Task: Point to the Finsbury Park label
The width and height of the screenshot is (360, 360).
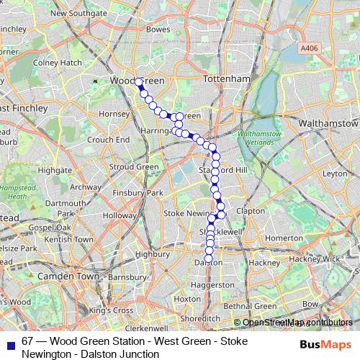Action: tap(143, 193)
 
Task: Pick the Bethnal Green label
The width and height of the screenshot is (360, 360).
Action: tap(248, 306)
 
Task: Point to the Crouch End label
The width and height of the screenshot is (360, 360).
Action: tap(108, 139)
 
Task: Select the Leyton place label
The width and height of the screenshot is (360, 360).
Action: tap(335, 174)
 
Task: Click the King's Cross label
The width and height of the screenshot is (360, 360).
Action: tap(112, 310)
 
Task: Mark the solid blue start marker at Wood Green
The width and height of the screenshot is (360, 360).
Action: tap(138, 83)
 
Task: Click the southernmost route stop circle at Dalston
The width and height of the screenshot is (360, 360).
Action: tap(209, 258)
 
